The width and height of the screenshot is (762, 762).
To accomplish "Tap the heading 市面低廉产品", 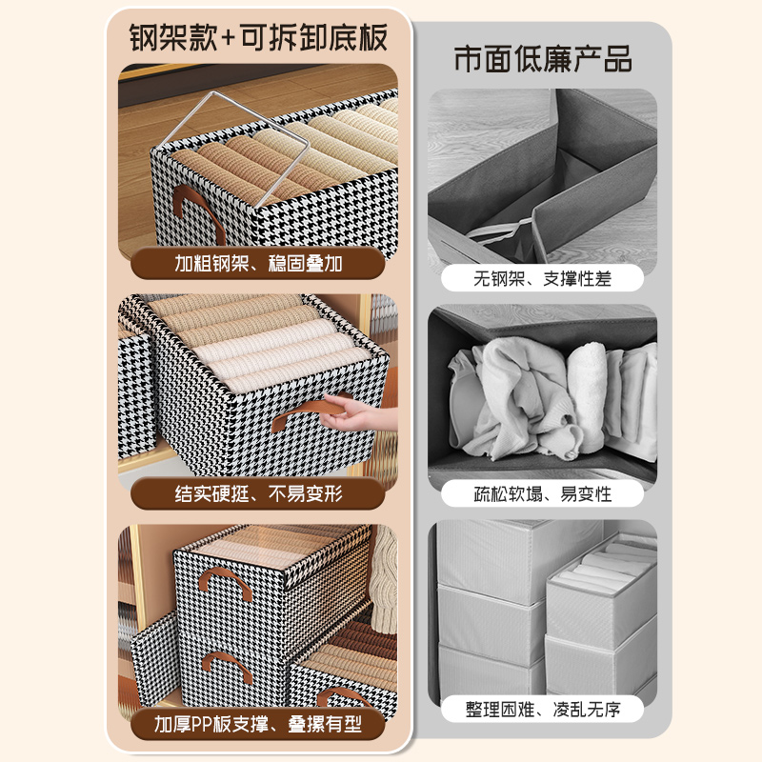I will point(543,58).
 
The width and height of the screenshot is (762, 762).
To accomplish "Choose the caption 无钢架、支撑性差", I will point(543,279).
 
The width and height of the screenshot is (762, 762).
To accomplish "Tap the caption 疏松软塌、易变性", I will point(543,493).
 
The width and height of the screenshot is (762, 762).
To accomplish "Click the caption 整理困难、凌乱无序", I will point(543,709).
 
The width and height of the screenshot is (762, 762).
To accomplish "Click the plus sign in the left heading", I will point(231,40).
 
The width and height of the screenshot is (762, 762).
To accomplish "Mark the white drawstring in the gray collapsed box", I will point(503,231).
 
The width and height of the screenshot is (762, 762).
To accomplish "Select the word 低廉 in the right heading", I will point(542,58).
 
